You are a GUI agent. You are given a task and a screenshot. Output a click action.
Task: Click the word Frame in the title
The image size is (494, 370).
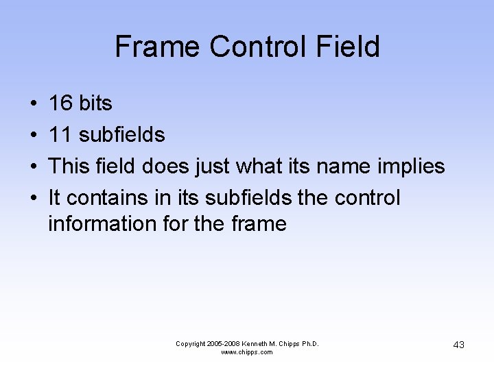158,47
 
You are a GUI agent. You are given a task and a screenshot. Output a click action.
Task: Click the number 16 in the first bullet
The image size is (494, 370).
60,103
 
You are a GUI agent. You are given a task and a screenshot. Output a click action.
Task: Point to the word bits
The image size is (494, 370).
95,103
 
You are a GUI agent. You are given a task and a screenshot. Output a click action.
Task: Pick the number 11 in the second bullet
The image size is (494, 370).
60,135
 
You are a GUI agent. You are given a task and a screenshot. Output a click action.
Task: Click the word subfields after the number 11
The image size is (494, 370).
122,135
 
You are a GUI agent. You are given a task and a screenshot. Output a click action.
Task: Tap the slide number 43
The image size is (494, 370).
458,345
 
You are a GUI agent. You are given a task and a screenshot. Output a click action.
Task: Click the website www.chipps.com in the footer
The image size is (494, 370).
247,352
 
